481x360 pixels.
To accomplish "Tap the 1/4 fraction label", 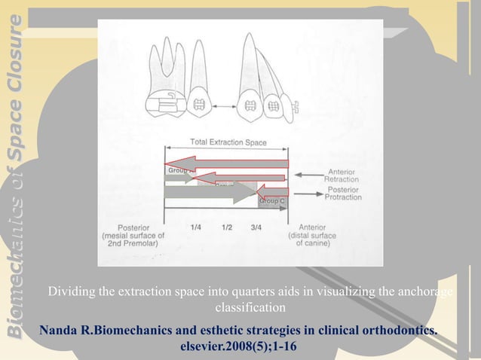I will [x=197, y=226].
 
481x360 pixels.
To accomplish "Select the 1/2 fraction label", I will [x=227, y=226].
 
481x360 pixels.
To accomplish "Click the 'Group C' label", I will [x=271, y=201].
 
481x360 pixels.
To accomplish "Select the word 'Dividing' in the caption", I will [x=72, y=292].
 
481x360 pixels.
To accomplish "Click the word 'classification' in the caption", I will [x=250, y=308].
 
